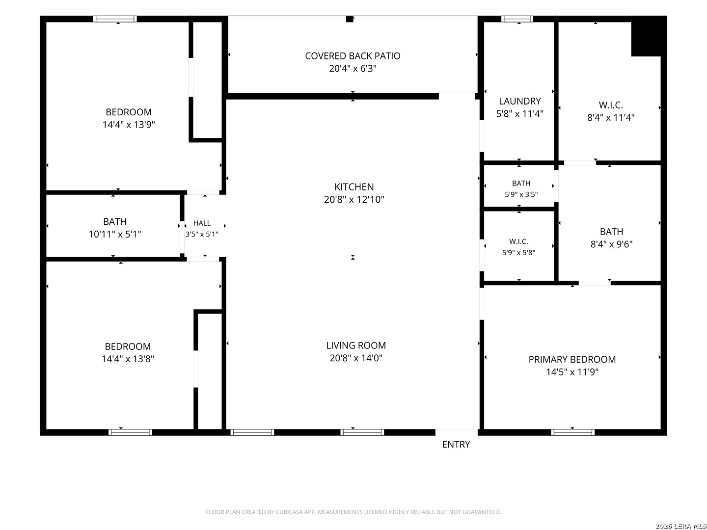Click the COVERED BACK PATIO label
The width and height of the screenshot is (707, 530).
point(353,56)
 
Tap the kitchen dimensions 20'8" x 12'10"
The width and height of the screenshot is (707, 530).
point(353,200)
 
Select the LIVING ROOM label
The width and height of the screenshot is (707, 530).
point(355,345)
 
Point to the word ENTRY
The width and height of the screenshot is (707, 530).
point(456,445)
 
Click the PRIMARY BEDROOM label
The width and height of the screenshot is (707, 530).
point(571,359)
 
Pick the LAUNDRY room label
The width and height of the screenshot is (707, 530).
point(519,101)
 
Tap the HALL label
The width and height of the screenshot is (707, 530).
point(202,223)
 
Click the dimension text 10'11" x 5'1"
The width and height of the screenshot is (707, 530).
point(115,234)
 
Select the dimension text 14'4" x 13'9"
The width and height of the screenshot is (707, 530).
point(129,125)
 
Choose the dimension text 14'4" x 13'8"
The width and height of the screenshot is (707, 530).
point(128,359)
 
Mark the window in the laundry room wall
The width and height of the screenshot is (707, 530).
point(517,19)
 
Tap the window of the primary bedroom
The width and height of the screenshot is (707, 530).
point(572,432)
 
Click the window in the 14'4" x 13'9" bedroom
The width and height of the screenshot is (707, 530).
point(115,19)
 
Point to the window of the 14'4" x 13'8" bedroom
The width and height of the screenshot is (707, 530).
point(130,432)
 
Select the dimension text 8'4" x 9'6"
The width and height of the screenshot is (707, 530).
point(611,244)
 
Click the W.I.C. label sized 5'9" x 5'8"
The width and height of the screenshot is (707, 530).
point(518,241)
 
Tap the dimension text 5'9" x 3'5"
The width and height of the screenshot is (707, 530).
point(521,194)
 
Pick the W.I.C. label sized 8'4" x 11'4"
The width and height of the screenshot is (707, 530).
point(610,105)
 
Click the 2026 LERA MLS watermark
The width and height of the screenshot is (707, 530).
point(680,526)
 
